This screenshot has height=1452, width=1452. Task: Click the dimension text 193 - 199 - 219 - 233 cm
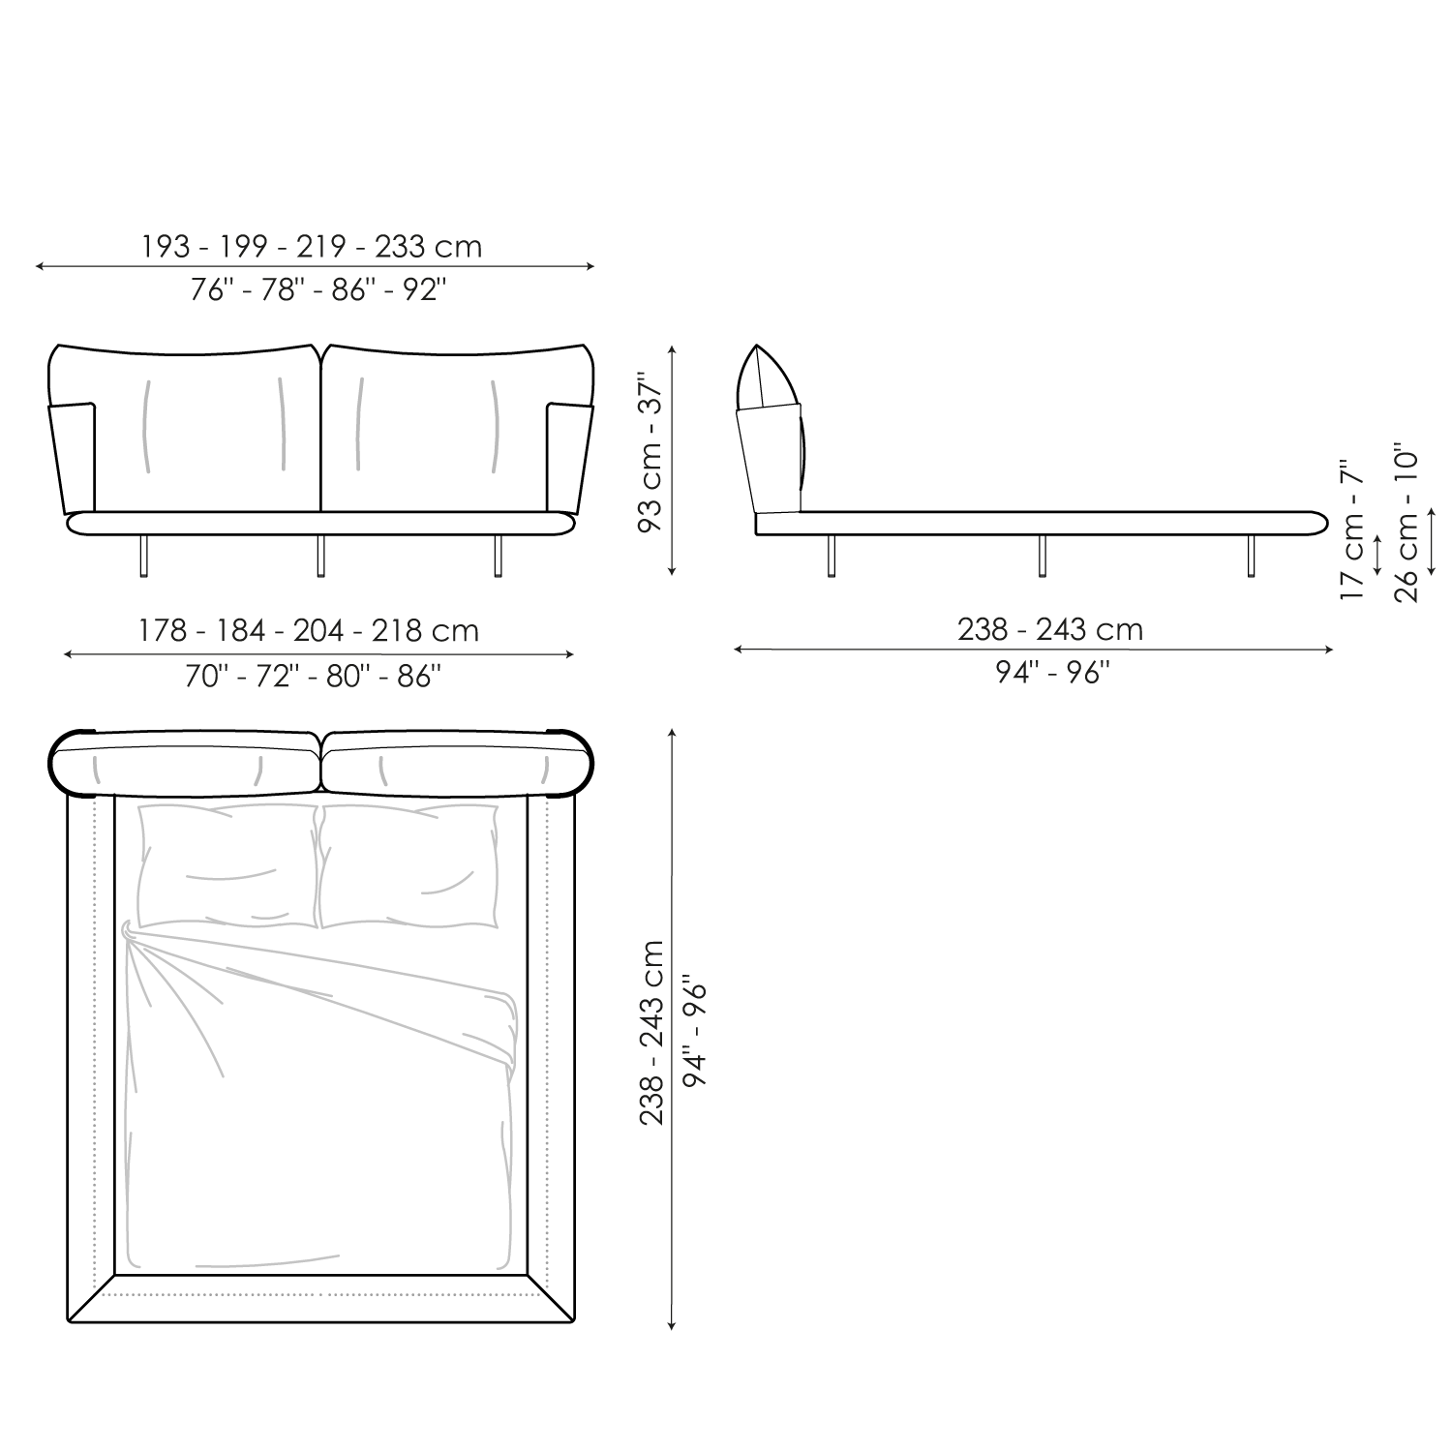click(312, 247)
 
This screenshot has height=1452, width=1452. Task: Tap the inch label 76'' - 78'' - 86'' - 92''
click(318, 289)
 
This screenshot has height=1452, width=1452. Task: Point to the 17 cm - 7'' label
click(1351, 530)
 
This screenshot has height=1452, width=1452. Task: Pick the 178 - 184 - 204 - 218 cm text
click(308, 631)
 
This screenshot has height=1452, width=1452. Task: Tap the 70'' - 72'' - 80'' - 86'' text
click(314, 675)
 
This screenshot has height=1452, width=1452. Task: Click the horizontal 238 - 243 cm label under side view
click(1050, 630)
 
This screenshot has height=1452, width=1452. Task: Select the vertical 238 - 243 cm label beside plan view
click(652, 1032)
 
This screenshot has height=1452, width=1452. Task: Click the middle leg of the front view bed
click(320, 557)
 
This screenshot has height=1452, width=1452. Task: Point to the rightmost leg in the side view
click(1250, 556)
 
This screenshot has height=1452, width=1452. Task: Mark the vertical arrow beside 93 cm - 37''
click(672, 462)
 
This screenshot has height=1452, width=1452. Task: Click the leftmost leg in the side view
click(832, 556)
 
